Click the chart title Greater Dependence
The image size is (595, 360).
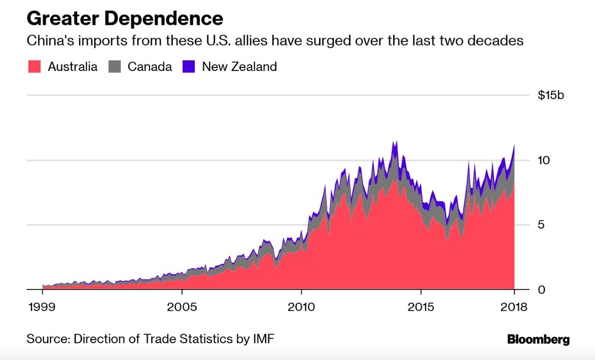click(125, 19)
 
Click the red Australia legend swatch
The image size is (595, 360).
click(34, 66)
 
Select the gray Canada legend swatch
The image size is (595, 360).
click(115, 66)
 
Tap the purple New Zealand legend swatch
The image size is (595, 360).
click(189, 66)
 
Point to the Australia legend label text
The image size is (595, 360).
click(73, 66)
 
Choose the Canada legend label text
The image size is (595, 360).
click(150, 66)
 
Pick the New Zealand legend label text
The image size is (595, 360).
click(239, 66)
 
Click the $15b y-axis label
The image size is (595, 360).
click(550, 95)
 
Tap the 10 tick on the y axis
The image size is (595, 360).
click(544, 160)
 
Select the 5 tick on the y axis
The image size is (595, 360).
click(541, 225)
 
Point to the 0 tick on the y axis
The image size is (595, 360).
click(541, 290)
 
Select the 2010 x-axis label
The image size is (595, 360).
click(301, 308)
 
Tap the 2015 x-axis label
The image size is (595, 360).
click(421, 308)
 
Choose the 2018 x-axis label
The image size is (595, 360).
click(513, 308)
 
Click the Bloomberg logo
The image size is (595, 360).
click(538, 339)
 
